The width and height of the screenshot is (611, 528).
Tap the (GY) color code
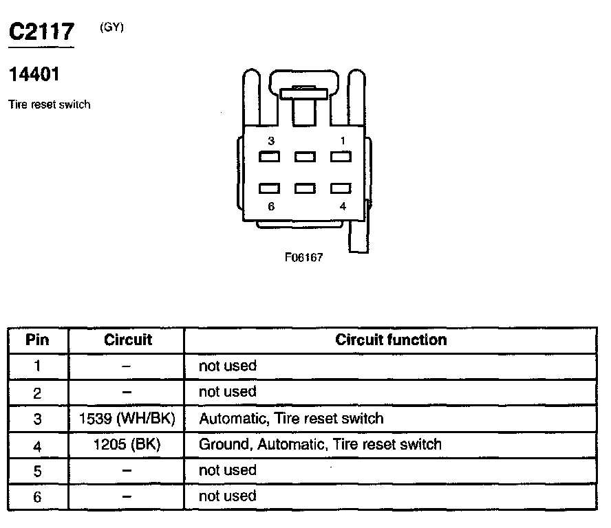pos(111,27)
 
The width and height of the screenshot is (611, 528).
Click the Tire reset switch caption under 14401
pos(50,105)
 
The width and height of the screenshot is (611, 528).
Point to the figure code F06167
pos(303,258)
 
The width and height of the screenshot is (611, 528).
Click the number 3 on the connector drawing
pos(271,141)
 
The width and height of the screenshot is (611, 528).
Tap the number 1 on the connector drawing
pos(342,141)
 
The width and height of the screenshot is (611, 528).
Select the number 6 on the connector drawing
pos(271,206)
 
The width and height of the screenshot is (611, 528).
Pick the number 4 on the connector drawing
pos(342,206)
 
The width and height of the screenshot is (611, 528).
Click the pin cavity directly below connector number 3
pos(270,157)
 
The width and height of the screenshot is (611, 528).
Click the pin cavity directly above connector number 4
pos(341,188)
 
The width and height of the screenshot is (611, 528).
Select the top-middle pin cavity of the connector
pos(305,157)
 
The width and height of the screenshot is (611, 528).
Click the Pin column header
pos(37,340)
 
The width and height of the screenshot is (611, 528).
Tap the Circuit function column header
pos(391,340)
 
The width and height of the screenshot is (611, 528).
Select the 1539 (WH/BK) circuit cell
pos(127,418)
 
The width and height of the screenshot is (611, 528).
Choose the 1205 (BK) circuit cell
pos(127,444)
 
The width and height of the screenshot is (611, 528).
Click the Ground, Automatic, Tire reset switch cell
pos(320,444)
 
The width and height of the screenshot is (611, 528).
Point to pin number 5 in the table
pos(37,471)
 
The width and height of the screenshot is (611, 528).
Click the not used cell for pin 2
pos(227,392)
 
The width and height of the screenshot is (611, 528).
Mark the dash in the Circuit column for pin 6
pos(127,496)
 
